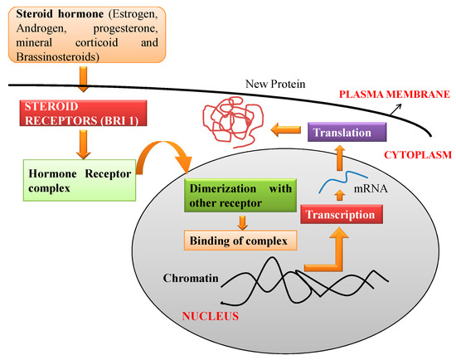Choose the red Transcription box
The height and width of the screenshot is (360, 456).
pos(342,214)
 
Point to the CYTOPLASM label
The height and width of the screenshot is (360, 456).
pos(407,153)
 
